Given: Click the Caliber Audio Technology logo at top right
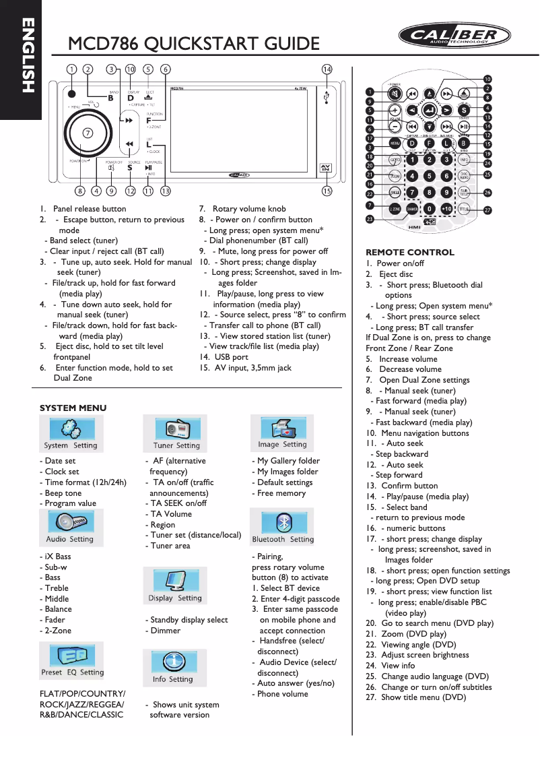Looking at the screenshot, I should click(x=450, y=36).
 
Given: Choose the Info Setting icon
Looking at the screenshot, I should click(x=174, y=663).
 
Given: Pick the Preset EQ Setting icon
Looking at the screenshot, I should click(x=71, y=656).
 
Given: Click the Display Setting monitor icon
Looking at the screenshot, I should click(x=176, y=581).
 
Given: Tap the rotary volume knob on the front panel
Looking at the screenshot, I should click(x=88, y=132).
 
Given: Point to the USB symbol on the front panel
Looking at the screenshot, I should click(x=327, y=98).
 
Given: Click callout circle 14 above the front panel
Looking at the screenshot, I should click(x=327, y=69).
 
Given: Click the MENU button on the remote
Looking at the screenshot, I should click(x=395, y=143).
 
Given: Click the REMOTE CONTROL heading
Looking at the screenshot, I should click(x=400, y=253).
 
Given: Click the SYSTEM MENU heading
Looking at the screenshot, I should click(x=73, y=408).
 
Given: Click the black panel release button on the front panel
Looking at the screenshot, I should click(x=71, y=94).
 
